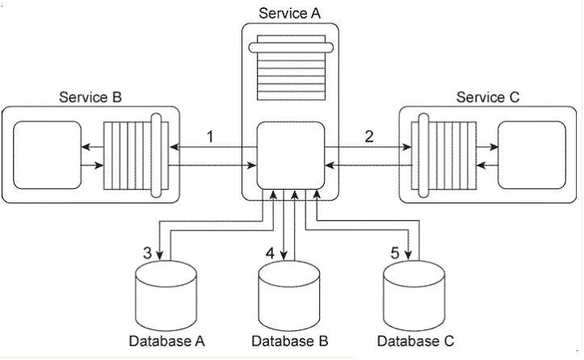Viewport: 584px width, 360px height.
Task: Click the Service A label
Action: pyautogui.click(x=289, y=13)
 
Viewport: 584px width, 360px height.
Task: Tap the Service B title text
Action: pyautogui.click(x=90, y=97)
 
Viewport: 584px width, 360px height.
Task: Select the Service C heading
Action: pyautogui.click(x=488, y=97)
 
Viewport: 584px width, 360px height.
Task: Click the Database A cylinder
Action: pyautogui.click(x=166, y=295)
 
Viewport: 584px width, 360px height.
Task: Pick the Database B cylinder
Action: pyautogui.click(x=289, y=295)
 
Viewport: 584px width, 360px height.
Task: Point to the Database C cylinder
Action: pyautogui.click(x=414, y=295)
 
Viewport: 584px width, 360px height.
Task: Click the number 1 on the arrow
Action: pyautogui.click(x=211, y=136)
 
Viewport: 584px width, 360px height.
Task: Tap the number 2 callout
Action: pyautogui.click(x=368, y=136)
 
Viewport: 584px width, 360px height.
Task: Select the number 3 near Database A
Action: pyautogui.click(x=148, y=253)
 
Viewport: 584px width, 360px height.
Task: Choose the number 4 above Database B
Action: pyautogui.click(x=270, y=253)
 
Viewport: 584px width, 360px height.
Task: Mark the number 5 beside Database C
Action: pyautogui.click(x=395, y=253)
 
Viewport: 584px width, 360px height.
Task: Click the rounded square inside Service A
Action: pyautogui.click(x=291, y=155)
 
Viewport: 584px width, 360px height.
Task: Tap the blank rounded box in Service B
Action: pyautogui.click(x=47, y=155)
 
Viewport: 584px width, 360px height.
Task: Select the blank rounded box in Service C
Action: pyautogui.click(x=531, y=155)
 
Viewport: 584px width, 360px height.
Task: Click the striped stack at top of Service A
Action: pyautogui.click(x=291, y=67)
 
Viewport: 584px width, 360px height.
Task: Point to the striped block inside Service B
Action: pyautogui.click(x=136, y=155)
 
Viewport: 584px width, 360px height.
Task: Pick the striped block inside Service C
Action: pyautogui.click(x=443, y=155)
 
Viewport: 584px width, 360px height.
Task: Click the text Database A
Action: pyautogui.click(x=167, y=341)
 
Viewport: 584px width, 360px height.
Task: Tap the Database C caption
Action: pyautogui.click(x=416, y=341)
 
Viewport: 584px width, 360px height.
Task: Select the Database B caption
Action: pyautogui.click(x=290, y=341)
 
